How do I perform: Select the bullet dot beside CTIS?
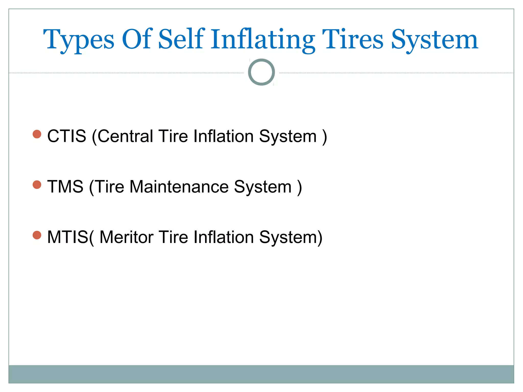tap(37, 134)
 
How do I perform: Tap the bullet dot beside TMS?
tap(37, 185)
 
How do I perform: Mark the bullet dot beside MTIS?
tap(37, 235)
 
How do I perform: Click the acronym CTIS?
tap(67, 136)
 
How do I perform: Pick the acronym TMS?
tap(65, 187)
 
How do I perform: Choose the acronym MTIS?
tap(68, 237)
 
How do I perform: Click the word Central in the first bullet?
tap(125, 136)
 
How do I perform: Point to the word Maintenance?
tap(179, 187)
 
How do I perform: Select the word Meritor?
tap(126, 237)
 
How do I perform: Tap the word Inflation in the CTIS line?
tap(223, 136)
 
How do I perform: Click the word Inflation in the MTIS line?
tap(223, 237)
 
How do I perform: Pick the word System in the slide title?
tap(434, 40)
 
